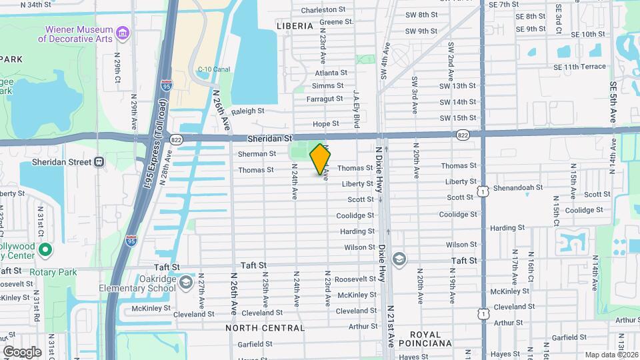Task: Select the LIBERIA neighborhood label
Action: [x=294, y=26]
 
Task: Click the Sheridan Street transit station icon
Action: [x=99, y=161]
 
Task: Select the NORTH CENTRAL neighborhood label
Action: [x=265, y=328]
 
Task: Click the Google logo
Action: [x=22, y=351]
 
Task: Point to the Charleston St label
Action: [x=323, y=10]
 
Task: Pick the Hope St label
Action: [x=326, y=123]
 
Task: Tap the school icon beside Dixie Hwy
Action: [x=399, y=259]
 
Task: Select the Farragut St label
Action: [x=325, y=99]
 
